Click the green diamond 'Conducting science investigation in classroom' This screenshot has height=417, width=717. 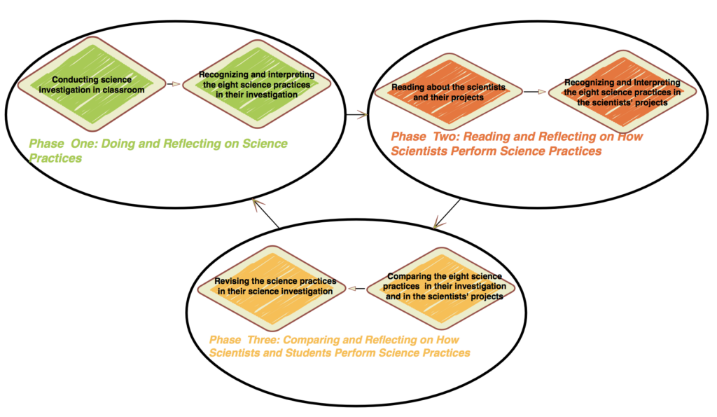tap(92, 85)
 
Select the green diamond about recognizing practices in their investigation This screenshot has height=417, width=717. tap(256, 84)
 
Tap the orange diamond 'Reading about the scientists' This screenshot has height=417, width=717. tap(448, 92)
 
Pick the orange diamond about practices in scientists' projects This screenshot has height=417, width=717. tap(622, 92)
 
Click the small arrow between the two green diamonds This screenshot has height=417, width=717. tap(174, 84)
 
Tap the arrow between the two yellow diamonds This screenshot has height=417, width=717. tap(358, 287)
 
